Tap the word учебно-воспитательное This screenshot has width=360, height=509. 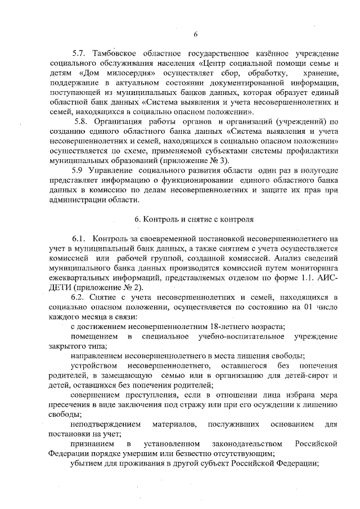click(233, 336)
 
